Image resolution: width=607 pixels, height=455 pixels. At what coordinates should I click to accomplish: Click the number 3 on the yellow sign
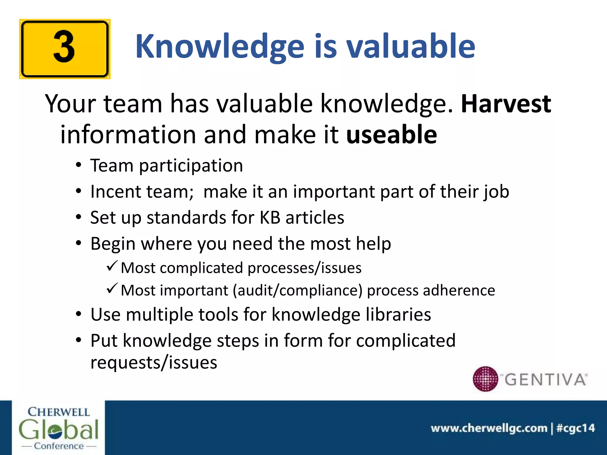[x=64, y=47]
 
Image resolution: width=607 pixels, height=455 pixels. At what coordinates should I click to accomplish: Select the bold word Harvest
[x=506, y=104]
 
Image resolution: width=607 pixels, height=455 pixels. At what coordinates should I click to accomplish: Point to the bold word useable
[x=392, y=135]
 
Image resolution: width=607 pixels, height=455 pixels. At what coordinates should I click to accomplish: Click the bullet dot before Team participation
[x=78, y=165]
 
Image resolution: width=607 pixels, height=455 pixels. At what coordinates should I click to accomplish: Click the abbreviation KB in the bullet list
[x=270, y=218]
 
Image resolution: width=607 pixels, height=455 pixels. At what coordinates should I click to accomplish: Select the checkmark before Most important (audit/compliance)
[x=112, y=288]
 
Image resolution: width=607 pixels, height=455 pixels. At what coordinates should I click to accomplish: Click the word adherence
[x=459, y=290]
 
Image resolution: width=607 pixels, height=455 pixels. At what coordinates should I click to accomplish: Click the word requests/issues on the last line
[x=154, y=363]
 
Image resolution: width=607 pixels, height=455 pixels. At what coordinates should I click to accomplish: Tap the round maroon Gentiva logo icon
[x=485, y=379]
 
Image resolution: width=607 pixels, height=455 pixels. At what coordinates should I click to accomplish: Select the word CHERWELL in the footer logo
[x=59, y=412]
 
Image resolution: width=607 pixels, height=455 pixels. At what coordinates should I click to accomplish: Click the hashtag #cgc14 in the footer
[x=576, y=428]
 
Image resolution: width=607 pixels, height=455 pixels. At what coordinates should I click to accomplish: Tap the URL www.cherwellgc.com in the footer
[x=489, y=428]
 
